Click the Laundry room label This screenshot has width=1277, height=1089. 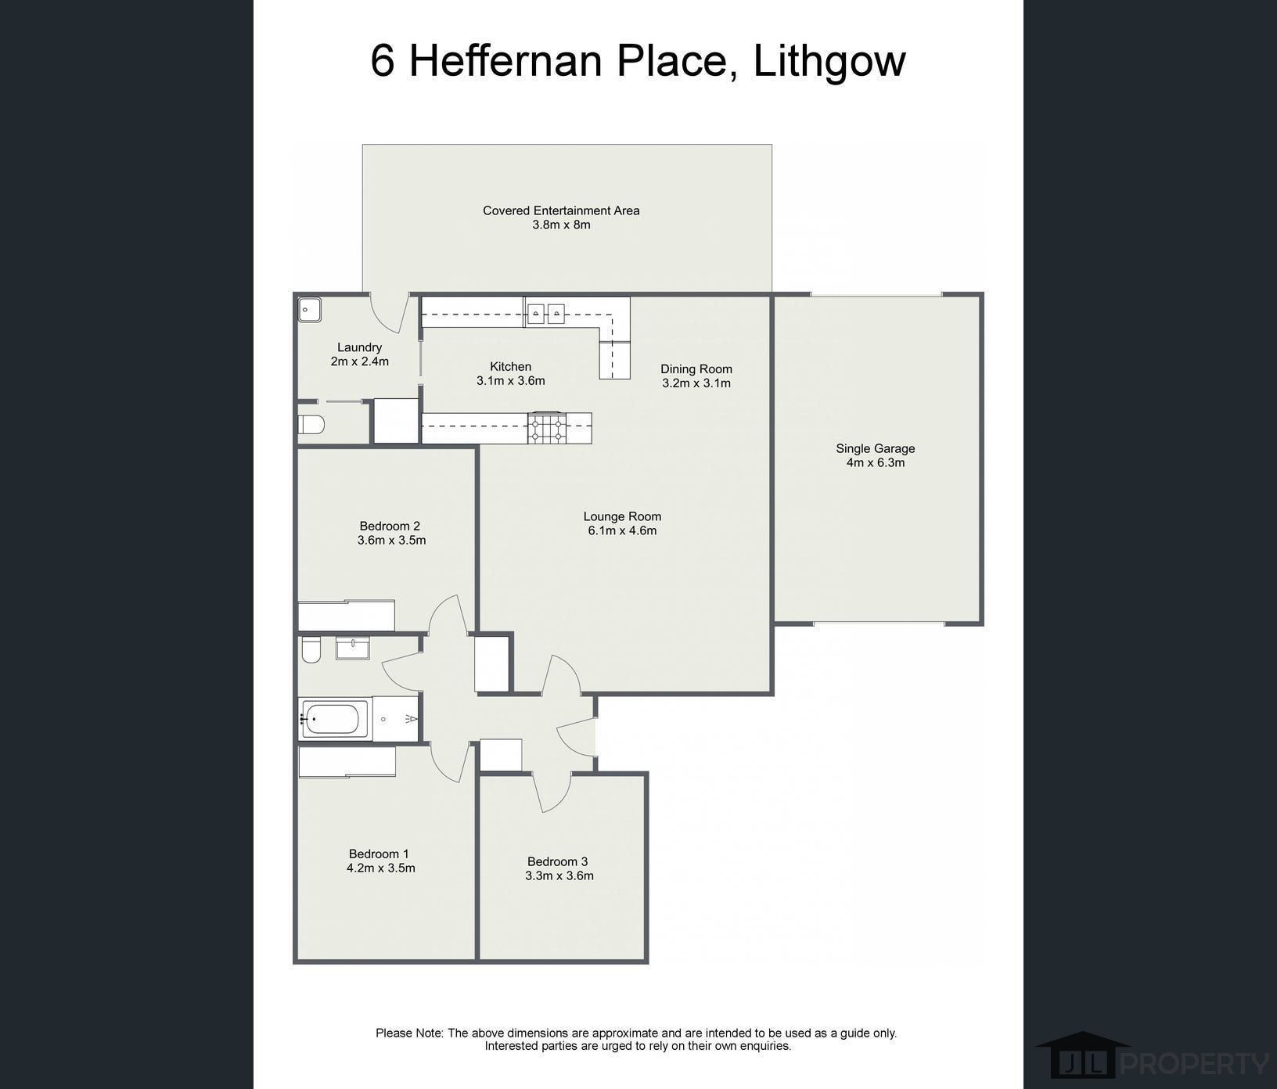coord(360,347)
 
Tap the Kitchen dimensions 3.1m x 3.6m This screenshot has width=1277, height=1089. coord(511,381)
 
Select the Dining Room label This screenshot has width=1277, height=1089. coord(696,369)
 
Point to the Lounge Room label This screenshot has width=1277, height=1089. coord(622,516)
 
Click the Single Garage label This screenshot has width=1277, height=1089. coord(876,448)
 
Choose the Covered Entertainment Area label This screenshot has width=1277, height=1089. coord(561,210)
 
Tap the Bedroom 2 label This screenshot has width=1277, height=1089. coord(390,526)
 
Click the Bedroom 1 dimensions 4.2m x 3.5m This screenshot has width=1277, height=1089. coord(381,868)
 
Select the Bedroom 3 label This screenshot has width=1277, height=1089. coord(557,861)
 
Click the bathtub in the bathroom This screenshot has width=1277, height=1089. coord(334,719)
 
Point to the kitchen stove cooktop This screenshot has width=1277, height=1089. coord(547,428)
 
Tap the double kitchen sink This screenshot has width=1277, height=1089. coord(545,313)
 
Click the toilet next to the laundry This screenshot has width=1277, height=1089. coord(311,425)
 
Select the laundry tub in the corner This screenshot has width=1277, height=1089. coord(310,310)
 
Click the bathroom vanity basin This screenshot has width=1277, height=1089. coord(353,649)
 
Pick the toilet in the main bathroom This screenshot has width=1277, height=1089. coord(311,650)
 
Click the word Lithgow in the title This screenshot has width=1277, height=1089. coord(829,61)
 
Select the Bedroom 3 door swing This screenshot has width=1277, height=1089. coord(551,792)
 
